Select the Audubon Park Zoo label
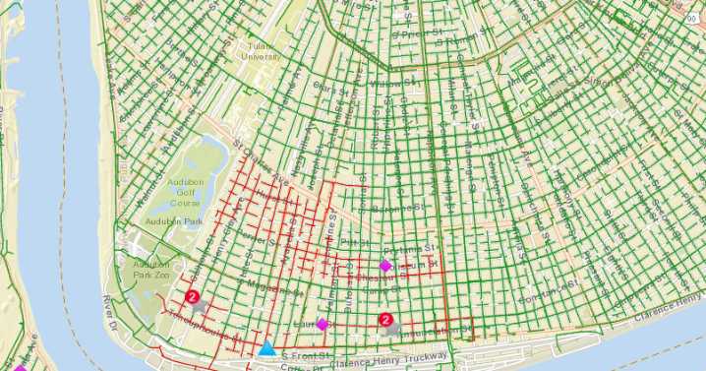[151, 272]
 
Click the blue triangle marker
[266, 347]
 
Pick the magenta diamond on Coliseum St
[385, 266]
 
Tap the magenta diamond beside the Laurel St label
[322, 324]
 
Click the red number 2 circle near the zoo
[193, 296]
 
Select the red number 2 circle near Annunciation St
[385, 319]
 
